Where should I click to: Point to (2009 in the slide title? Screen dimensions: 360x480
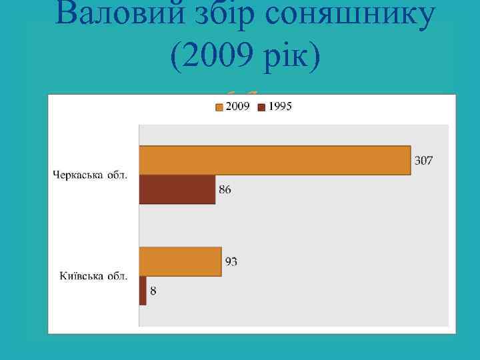(210, 59)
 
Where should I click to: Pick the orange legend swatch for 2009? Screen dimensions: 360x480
(219, 107)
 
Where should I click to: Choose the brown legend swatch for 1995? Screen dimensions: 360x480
(262, 107)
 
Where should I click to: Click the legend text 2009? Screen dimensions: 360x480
(237, 107)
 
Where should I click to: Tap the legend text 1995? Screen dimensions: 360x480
(281, 107)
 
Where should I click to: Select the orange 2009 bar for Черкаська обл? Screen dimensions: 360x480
(274, 160)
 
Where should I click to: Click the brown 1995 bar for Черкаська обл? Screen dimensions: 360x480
(177, 189)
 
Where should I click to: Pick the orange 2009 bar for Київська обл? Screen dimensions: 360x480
(180, 261)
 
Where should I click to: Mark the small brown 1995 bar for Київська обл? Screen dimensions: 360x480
(142, 290)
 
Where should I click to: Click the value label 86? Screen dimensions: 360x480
(225, 190)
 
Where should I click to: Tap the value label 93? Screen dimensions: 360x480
(231, 262)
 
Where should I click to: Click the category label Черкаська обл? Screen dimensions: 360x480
(91, 175)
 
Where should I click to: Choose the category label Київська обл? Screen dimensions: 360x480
(95, 275)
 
